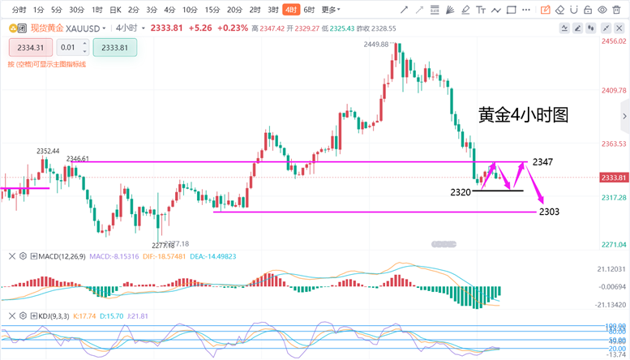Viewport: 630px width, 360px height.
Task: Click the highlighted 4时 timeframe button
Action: (x=289, y=10)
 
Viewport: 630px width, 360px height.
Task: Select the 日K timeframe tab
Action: (x=115, y=10)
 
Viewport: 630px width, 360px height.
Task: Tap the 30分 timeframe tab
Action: (x=76, y=10)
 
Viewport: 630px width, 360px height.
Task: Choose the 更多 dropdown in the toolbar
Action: (x=330, y=10)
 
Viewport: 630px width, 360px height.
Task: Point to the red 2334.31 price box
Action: (x=29, y=47)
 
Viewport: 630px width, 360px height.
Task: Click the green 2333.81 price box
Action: (x=114, y=47)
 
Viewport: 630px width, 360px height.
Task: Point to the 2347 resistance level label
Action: (x=542, y=162)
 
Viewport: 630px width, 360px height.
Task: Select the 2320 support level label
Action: (x=461, y=191)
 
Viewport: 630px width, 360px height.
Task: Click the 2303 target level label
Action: (x=549, y=212)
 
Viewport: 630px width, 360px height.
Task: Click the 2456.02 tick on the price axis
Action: (x=614, y=41)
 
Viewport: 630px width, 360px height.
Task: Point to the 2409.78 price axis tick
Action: (x=614, y=90)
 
